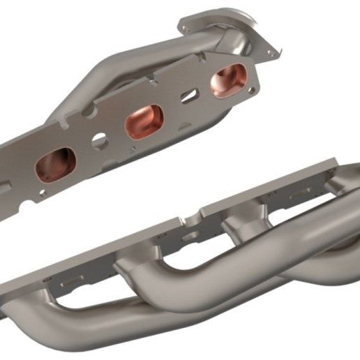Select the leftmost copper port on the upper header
(x=56, y=165)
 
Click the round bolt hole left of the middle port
(x=99, y=139)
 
